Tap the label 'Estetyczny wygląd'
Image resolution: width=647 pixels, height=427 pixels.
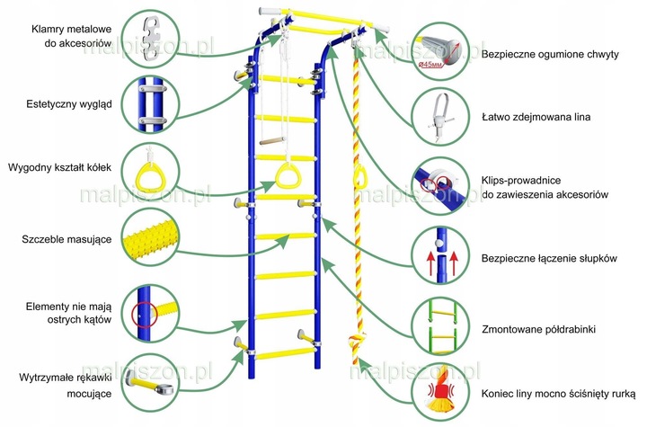(69, 104)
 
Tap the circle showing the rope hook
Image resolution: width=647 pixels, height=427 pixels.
(440, 117)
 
